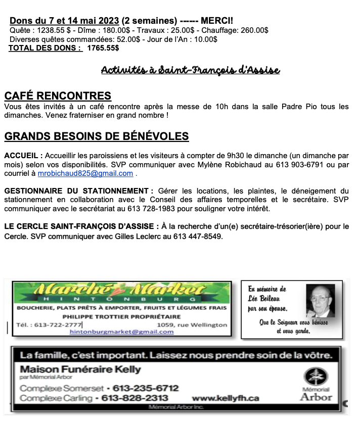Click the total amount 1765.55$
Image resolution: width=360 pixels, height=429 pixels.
[103, 48]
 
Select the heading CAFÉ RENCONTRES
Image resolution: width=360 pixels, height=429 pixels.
[58, 96]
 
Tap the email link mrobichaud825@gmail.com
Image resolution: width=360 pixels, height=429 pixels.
[85, 173]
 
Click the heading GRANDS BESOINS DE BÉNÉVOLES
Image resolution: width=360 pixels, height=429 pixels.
[97, 136]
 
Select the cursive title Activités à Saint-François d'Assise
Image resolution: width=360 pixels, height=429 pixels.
[190, 70]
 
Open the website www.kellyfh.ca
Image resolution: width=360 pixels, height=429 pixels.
[226, 398]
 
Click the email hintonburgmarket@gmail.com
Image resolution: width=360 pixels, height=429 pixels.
[121, 331]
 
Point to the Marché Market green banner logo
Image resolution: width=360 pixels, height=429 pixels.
[121, 293]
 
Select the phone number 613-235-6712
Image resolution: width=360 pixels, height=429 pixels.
[146, 388]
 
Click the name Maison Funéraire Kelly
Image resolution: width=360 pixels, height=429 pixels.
[80, 369]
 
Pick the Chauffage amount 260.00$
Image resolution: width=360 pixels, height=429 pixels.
[251, 30]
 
